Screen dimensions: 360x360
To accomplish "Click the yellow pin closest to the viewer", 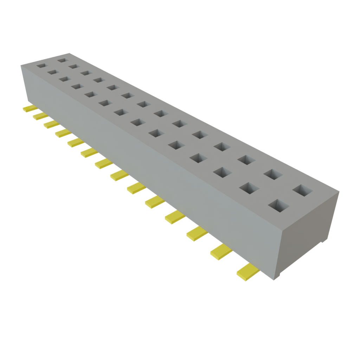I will (x=248, y=272).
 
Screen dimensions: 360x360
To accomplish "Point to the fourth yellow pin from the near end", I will (x=175, y=217).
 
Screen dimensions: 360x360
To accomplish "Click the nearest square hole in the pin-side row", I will (x=278, y=205).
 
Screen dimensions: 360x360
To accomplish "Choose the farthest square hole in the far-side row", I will (x=62, y=60).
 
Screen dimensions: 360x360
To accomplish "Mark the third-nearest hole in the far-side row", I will (x=246, y=159).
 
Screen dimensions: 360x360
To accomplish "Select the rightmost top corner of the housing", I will (x=339, y=191).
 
